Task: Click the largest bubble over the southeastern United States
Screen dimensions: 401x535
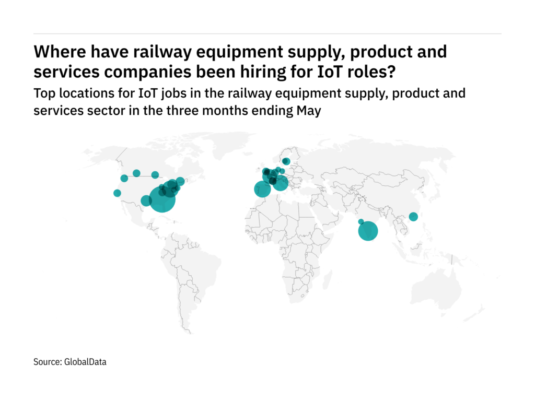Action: pos(162,199)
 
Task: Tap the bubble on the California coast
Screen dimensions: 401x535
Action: pos(117,193)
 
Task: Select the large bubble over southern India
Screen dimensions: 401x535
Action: pos(368,231)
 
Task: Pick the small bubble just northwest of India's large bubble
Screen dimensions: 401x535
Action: pos(360,221)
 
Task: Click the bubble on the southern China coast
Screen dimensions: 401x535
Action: pos(413,217)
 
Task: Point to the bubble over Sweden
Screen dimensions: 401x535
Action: pos(286,161)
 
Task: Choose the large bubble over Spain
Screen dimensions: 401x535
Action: pos(262,189)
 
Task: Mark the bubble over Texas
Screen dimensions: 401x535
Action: pos(146,200)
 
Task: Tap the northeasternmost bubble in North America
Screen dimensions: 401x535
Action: pos(180,181)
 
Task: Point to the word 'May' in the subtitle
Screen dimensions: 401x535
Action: pos(310,111)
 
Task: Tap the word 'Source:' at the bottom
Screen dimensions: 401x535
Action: pos(47,361)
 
